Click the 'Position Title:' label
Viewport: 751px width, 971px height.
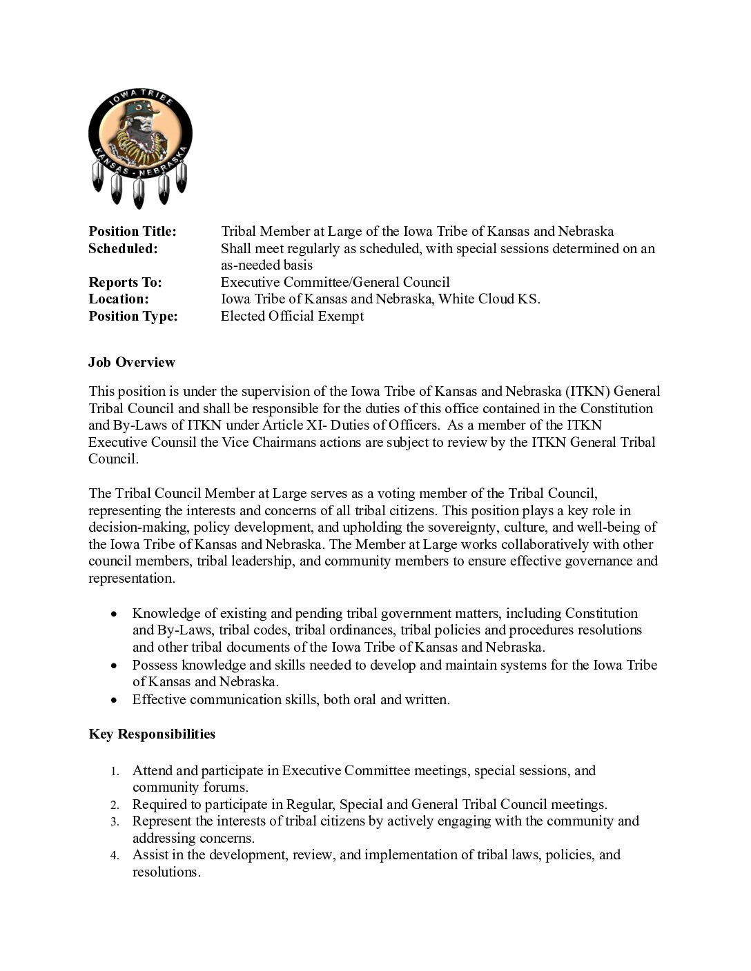pos(133,232)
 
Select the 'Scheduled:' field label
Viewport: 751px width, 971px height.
pos(123,248)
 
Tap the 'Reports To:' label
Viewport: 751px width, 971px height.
pos(125,282)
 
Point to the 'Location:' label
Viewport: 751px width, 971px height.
pos(119,299)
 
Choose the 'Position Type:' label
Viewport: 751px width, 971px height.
pos(133,316)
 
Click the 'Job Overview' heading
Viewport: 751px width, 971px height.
pos(132,362)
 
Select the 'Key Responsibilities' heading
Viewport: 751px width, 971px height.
pos(152,734)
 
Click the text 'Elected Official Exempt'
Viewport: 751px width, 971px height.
pos(292,316)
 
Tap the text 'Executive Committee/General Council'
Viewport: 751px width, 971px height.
pos(335,282)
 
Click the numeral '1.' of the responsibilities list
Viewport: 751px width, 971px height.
pos(116,771)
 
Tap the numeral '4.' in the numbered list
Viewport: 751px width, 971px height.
pos(116,856)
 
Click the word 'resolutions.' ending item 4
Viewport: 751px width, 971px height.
pos(166,872)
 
